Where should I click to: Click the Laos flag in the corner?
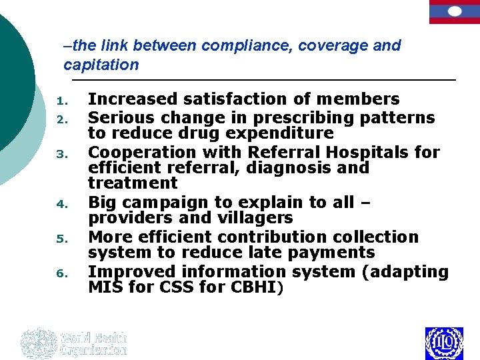(x=455, y=12)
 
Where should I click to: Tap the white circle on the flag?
(x=455, y=11)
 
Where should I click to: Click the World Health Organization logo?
(x=73, y=343)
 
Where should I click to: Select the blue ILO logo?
(x=443, y=343)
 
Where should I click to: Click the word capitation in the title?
(x=101, y=65)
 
